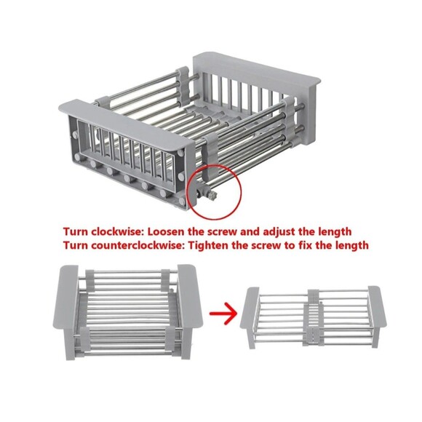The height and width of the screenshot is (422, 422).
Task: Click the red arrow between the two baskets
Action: click(223, 314)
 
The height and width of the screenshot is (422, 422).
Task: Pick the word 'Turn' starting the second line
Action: click(76, 246)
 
